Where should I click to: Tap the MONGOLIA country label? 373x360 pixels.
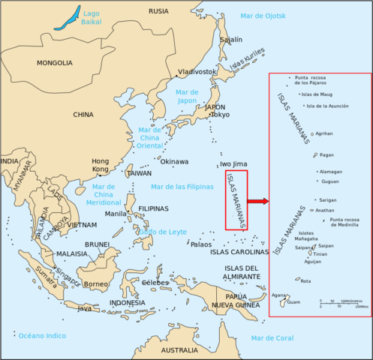point(54,64)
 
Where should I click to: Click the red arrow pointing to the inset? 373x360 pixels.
point(257,201)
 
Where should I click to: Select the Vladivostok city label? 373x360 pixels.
point(197,72)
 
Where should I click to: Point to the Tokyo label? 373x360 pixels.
point(219,115)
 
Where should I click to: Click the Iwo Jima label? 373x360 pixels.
point(233,164)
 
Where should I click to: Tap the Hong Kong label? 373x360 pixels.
point(100,166)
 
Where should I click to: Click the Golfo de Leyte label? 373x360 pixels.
point(162,232)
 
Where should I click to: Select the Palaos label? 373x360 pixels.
point(200,244)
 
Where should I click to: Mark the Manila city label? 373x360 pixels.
point(116,214)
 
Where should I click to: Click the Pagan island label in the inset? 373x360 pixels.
point(326,155)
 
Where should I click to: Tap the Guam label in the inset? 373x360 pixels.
point(293,302)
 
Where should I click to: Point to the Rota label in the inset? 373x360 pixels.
point(305,281)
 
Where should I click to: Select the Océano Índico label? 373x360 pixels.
point(43,335)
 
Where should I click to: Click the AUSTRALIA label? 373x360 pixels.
point(179,350)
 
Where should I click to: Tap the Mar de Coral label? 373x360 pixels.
point(272,338)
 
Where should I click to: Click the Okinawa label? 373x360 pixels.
point(174,161)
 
